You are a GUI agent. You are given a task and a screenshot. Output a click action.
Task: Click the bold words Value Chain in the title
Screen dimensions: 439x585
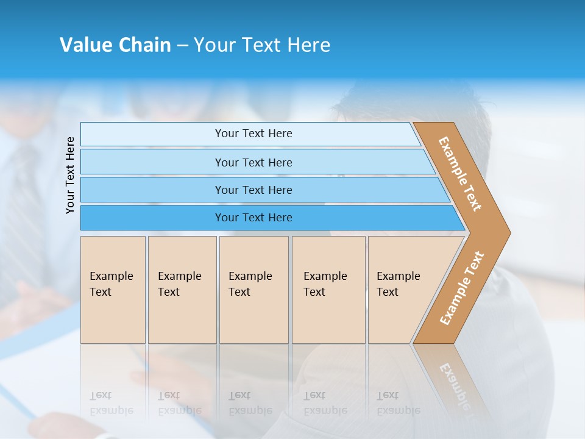pos(115,45)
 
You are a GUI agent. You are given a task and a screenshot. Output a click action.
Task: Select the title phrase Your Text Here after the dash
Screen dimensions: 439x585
pos(262,45)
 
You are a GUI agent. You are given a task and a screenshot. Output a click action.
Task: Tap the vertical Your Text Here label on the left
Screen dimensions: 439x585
pos(70,176)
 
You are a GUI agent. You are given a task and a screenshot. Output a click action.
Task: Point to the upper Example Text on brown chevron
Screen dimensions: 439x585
pos(460,174)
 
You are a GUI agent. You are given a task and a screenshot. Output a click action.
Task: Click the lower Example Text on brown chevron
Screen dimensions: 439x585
pos(462,288)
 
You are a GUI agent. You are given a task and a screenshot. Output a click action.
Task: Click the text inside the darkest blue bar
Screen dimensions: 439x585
pos(253,218)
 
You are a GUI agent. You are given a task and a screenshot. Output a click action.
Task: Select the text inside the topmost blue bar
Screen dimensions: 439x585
pos(253,134)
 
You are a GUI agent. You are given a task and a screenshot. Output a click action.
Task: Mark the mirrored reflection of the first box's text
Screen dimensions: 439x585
pos(111,403)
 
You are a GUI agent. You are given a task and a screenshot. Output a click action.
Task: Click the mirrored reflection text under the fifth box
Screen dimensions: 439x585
pos(398,403)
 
